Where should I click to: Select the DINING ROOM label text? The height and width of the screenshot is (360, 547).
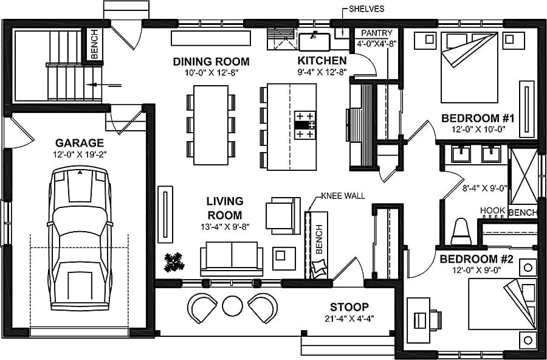click(211, 61)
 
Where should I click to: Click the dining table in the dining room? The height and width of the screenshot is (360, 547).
click(211, 125)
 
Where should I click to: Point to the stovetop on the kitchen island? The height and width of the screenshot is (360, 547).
click(306, 125)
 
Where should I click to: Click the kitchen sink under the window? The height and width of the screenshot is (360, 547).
click(314, 41)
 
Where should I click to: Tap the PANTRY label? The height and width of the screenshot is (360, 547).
click(377, 33)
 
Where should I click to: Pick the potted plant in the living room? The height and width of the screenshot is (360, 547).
click(175, 262)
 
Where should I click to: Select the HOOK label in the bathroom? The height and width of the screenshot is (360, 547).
click(492, 210)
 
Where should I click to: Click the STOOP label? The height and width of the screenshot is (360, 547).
click(349, 306)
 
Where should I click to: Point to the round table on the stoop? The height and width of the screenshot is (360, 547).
click(232, 305)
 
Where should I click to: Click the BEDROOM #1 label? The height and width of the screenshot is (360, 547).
click(478, 118)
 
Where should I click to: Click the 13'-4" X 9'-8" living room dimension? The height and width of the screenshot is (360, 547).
click(224, 227)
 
